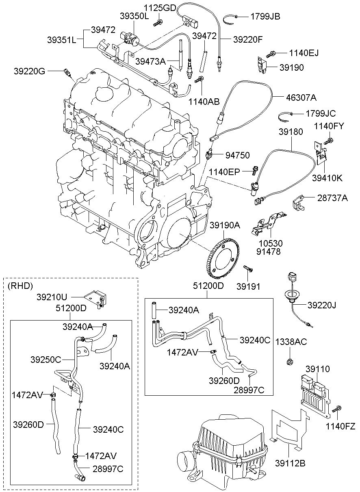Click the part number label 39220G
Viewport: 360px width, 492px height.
coord(29,71)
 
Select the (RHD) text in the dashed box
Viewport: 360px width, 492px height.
coord(20,286)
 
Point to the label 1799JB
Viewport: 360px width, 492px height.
coord(265,17)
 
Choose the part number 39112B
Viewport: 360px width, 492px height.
coord(290,463)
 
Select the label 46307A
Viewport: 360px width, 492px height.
coord(301,97)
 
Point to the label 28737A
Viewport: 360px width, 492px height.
coord(332,198)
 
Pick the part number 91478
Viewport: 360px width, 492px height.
coord(269,251)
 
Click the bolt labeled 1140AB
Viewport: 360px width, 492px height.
coord(200,79)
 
